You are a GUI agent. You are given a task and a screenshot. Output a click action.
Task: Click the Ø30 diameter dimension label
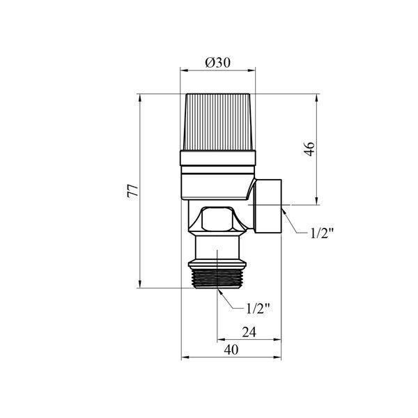click(217, 63)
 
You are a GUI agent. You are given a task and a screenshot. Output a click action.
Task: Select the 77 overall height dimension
click(132, 191)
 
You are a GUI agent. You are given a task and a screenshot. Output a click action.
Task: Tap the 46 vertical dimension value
click(309, 149)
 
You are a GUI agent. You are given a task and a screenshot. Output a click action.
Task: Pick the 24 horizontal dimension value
click(249, 332)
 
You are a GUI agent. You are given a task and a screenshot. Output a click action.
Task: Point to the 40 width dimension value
click(231, 350)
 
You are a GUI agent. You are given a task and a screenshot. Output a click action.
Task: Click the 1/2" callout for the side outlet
click(322, 233)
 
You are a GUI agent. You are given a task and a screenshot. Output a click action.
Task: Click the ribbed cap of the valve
click(218, 122)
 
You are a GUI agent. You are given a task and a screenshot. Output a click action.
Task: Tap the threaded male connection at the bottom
click(217, 279)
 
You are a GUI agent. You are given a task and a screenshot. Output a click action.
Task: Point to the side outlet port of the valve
click(268, 206)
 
